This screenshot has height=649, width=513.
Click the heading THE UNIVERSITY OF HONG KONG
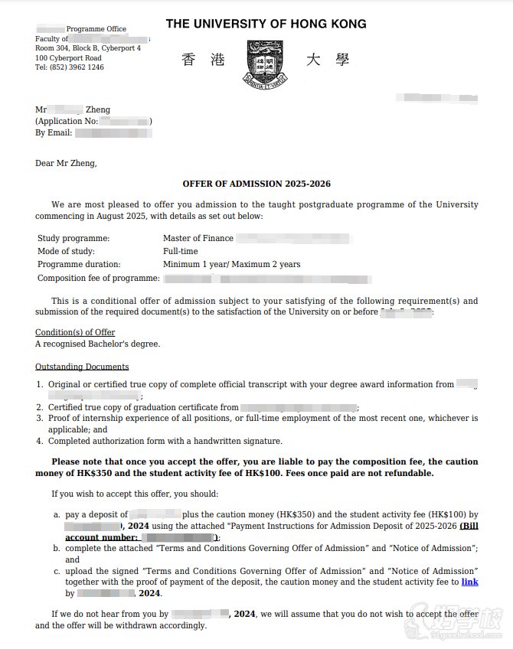(x=266, y=24)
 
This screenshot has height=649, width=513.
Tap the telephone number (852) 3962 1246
(x=70, y=67)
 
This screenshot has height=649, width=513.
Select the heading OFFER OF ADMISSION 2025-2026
(x=256, y=184)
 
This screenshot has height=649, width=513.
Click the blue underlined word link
(x=469, y=582)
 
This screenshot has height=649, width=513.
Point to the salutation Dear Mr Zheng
(x=66, y=162)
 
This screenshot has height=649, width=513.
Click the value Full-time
(x=180, y=251)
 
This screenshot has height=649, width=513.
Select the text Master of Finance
(x=198, y=238)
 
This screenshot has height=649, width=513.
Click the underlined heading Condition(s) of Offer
(x=75, y=332)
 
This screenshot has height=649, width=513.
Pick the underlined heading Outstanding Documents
(x=82, y=367)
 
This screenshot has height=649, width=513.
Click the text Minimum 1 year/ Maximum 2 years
(x=231, y=264)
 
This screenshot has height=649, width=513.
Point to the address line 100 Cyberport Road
(x=68, y=58)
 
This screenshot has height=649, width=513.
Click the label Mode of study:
(x=66, y=251)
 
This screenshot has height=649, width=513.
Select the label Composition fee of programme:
(x=98, y=278)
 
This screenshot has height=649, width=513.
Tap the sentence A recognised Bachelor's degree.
(x=97, y=344)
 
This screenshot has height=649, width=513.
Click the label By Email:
(x=54, y=132)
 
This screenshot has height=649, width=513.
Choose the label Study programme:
(x=74, y=238)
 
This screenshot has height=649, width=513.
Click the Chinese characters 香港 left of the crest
(x=203, y=60)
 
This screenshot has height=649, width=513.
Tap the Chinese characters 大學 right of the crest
(x=325, y=60)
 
